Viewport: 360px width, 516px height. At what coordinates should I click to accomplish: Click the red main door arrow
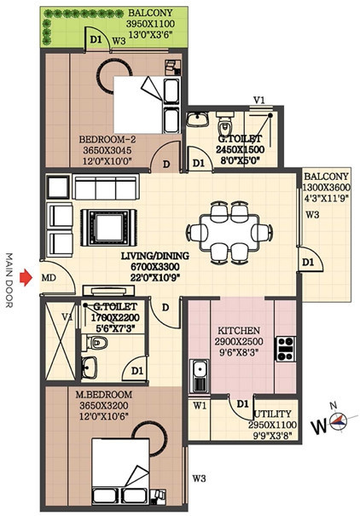tap(26, 276)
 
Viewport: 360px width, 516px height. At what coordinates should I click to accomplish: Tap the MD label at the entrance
tap(50, 277)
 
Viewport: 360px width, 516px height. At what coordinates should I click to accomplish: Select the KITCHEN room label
tap(233, 330)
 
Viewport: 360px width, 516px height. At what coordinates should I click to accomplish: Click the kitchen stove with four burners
tap(285, 347)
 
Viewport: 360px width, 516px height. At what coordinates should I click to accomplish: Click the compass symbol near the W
tap(340, 420)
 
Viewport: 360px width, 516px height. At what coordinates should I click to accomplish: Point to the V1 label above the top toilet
tap(259, 101)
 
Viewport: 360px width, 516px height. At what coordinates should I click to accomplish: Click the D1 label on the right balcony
tap(308, 261)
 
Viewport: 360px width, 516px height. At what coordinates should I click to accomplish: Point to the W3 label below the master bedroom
tap(199, 477)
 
